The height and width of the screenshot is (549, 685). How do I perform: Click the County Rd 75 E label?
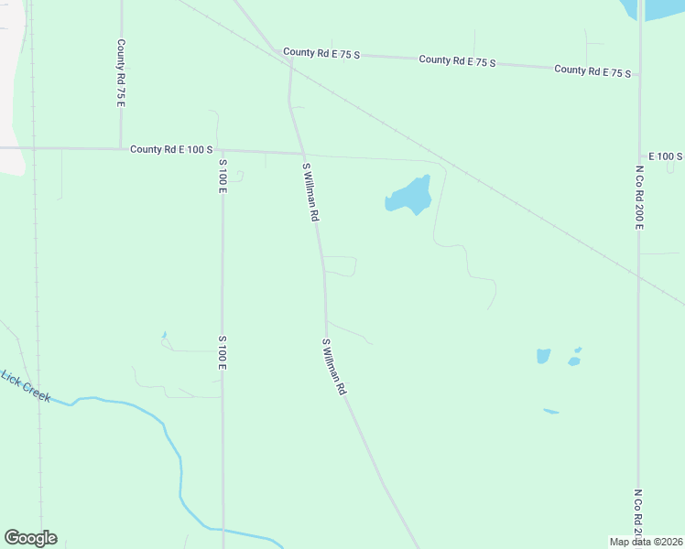tap(120, 72)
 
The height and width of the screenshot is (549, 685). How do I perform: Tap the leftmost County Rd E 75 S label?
tap(321, 54)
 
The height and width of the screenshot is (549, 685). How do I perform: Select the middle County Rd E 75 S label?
tap(457, 61)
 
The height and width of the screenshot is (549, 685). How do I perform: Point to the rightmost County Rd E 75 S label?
tap(593, 70)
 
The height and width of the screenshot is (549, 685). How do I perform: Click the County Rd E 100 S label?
tap(171, 149)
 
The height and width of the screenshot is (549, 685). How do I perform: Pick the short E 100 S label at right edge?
tap(665, 157)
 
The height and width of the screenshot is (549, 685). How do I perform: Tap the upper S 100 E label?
tap(222, 174)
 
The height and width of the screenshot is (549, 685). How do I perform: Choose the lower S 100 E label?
tap(222, 352)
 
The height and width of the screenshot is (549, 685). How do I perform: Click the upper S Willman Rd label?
tap(310, 192)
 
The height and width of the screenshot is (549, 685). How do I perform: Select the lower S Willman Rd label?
tap(333, 367)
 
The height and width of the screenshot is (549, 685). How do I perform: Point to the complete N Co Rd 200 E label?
tap(639, 198)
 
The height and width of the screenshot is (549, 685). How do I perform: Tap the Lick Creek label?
tap(25, 386)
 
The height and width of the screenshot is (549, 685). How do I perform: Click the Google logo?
tap(30, 538)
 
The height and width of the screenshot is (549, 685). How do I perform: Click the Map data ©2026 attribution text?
tap(646, 542)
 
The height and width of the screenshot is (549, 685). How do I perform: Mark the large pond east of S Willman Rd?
tap(409, 195)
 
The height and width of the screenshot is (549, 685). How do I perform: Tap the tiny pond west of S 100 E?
tap(164, 335)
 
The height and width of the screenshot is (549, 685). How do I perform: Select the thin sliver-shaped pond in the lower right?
tap(550, 411)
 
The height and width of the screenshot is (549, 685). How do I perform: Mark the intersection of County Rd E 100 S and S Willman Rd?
tap(302, 153)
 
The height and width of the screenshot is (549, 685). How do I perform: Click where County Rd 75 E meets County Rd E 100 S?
tap(120, 148)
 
